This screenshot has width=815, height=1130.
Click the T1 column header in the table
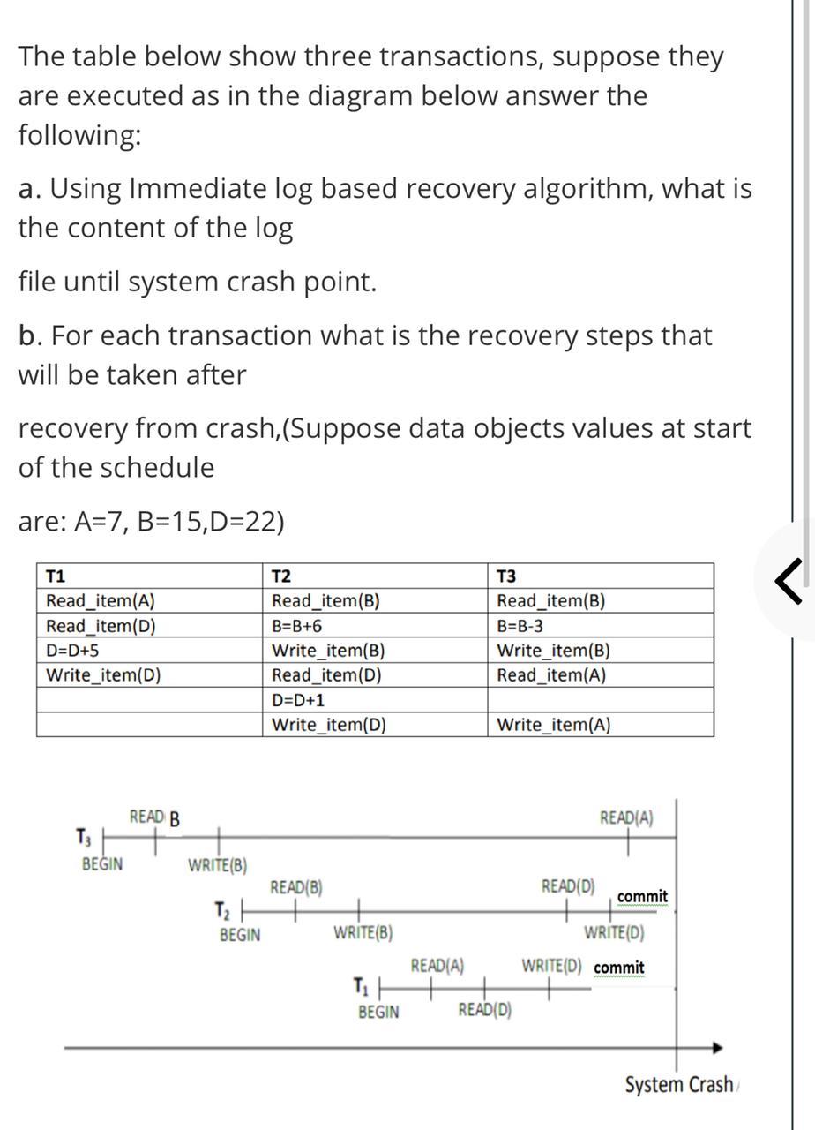[55, 576]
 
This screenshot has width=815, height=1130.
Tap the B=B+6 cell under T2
[297, 626]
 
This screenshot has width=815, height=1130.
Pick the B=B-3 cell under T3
[520, 626]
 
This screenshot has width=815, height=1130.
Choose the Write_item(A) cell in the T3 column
[553, 725]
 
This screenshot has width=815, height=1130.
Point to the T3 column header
[507, 576]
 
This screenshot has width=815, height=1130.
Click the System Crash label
[678, 1084]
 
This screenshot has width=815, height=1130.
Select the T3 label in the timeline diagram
[84, 835]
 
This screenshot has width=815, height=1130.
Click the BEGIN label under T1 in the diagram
[378, 1012]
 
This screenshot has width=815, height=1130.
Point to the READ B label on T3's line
[154, 817]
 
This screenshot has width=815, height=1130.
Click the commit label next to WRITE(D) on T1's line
[619, 968]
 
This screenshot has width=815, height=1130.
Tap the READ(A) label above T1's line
[437, 966]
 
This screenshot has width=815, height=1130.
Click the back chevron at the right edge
[790, 582]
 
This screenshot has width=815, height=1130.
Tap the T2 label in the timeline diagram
[222, 909]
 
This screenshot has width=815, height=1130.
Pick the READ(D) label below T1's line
[484, 1010]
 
